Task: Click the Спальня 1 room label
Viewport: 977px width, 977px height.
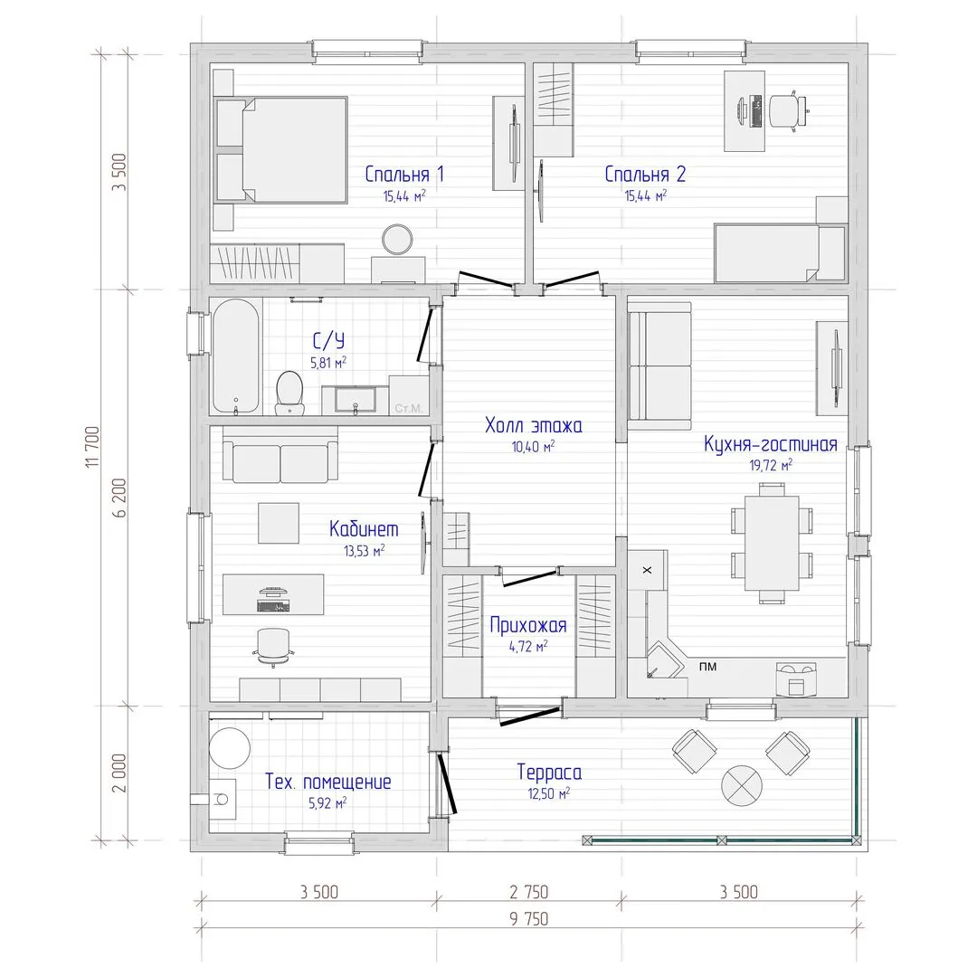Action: coord(404,175)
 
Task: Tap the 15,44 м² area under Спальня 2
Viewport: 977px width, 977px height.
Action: coord(646,195)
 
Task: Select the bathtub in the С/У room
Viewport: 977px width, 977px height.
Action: coord(235,356)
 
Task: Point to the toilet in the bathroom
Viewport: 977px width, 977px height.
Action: coord(289,394)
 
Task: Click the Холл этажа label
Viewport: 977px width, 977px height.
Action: coord(534,425)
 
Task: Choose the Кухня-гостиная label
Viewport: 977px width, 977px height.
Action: coord(770,444)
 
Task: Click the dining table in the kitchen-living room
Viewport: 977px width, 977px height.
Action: coord(772,543)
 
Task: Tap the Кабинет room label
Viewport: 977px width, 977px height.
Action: coord(364,529)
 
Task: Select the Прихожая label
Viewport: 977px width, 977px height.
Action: coord(527,625)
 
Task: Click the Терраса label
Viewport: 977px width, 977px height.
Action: coord(549,772)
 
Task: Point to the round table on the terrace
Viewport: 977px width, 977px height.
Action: coord(742,785)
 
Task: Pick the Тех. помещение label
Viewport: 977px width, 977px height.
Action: coord(327,782)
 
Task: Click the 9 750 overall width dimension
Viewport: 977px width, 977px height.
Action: coord(528,919)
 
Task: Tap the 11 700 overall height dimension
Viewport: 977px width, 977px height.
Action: coord(92,447)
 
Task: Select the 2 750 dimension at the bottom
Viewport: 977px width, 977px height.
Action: coord(528,892)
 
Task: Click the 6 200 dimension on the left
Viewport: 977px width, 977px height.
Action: coord(119,498)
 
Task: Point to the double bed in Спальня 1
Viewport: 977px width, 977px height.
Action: coord(280,149)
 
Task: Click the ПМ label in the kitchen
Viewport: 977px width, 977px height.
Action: coord(707,667)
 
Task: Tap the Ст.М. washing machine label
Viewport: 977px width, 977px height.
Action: coord(408,409)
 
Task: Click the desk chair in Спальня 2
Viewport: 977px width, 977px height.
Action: coord(787,111)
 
